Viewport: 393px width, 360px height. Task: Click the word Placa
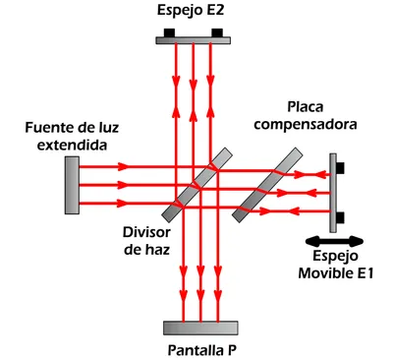click(308, 106)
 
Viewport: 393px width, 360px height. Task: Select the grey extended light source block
click(73, 184)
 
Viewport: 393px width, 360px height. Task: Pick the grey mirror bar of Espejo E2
click(196, 39)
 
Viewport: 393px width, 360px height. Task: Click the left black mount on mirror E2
click(169, 32)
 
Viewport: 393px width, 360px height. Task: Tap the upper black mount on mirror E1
click(341, 167)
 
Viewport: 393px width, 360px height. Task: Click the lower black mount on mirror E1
click(341, 216)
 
